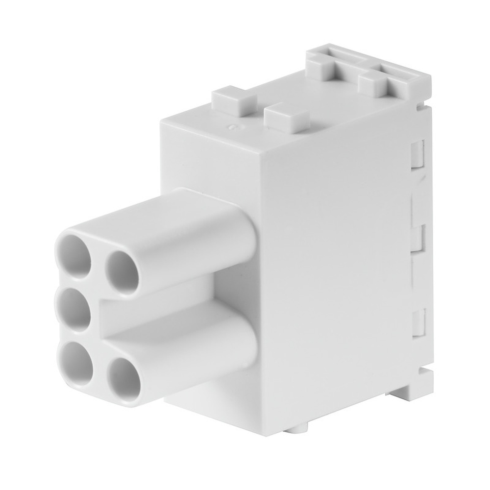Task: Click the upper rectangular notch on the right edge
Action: (417, 154)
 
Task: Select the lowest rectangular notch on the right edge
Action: (417, 323)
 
